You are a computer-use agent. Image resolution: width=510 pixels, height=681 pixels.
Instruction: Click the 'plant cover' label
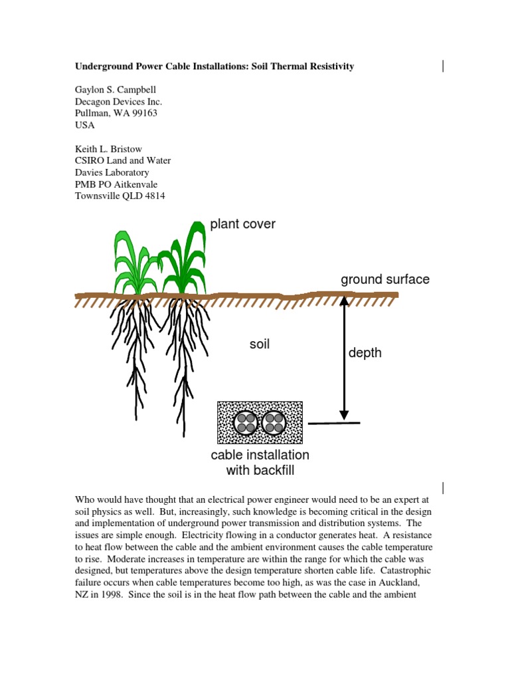coord(242,224)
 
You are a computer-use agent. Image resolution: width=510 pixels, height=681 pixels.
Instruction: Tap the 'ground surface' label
coord(385,279)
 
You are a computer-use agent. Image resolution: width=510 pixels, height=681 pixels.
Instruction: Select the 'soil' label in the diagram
coord(259,344)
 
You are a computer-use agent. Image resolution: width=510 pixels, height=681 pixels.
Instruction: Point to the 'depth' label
coord(365,352)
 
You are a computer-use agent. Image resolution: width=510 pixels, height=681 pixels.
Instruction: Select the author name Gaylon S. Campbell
coord(117,89)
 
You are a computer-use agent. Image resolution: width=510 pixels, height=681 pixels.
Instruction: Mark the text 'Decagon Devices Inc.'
coord(118,101)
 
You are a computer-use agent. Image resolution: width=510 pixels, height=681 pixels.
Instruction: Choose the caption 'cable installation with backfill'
coord(260,463)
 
